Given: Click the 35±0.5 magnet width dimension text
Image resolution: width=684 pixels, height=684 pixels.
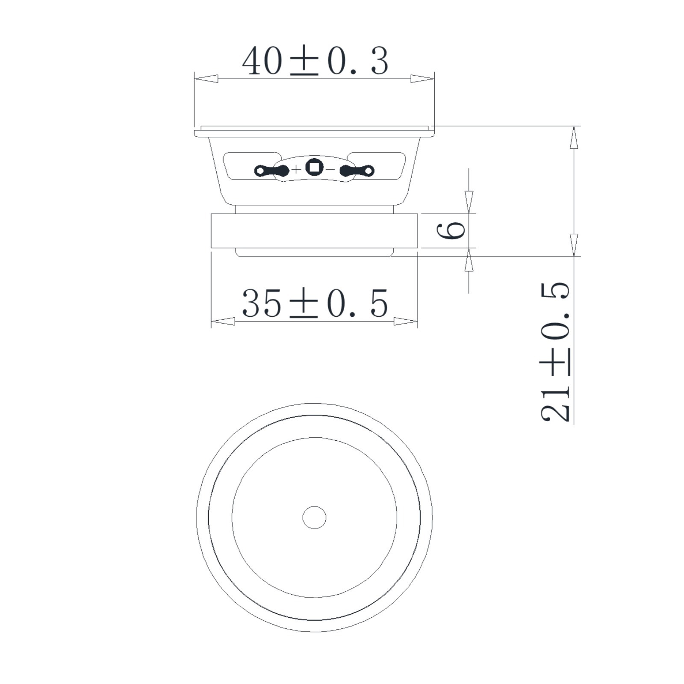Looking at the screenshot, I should [315, 303].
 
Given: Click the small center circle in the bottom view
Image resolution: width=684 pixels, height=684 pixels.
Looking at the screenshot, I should [314, 518].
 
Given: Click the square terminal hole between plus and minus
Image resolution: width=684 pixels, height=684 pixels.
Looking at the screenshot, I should [314, 167].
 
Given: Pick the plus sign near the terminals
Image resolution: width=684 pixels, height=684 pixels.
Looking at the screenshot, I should [296, 170].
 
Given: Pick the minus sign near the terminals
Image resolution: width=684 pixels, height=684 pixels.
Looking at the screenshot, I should [330, 170].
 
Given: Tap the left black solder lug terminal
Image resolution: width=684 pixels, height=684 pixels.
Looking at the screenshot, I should [272, 171].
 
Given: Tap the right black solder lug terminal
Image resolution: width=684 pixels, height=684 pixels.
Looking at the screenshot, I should [357, 171].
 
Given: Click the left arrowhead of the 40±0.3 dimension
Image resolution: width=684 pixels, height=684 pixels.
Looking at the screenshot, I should [206, 79].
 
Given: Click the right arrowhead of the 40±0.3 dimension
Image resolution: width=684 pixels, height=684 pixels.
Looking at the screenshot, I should [422, 79].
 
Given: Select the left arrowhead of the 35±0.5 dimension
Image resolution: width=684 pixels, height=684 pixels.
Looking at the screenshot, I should [223, 321].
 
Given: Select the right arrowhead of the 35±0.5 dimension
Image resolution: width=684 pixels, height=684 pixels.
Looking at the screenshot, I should [405, 321].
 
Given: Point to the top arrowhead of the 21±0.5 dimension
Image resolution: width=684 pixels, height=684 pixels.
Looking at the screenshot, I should [574, 138].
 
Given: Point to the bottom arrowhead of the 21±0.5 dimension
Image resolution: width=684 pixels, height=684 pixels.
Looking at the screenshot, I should [574, 245].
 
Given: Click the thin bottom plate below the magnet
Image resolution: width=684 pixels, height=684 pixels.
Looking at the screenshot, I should [314, 253].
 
